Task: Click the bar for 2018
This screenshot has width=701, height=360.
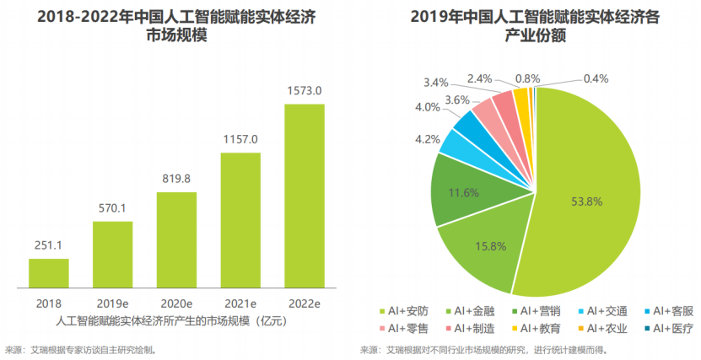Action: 49,273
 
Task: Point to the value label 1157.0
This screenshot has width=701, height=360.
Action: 240,139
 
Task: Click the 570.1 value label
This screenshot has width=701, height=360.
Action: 112,208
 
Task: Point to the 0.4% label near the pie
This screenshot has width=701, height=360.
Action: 596,78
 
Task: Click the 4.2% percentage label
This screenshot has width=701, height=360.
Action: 427,139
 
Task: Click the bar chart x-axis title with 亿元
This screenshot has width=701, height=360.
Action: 176,320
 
